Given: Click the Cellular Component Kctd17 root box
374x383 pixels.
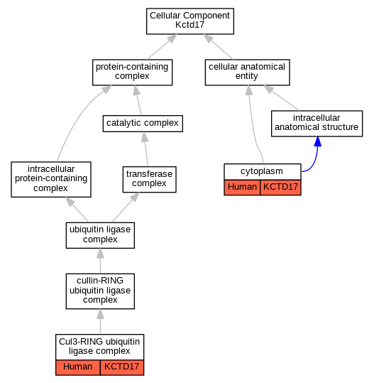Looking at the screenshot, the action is click(x=190, y=21).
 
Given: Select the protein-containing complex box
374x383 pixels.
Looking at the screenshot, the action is click(x=132, y=72).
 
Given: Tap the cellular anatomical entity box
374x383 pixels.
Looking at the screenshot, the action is click(x=248, y=72).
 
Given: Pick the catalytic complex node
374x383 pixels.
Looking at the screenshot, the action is click(x=143, y=124).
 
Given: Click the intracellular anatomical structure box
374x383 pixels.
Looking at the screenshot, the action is click(x=317, y=124).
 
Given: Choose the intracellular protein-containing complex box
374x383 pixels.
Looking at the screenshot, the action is click(x=51, y=179).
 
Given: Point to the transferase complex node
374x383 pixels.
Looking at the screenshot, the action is click(x=149, y=180).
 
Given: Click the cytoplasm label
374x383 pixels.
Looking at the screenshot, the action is click(x=262, y=171).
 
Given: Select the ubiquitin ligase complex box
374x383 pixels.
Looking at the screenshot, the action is click(x=100, y=235).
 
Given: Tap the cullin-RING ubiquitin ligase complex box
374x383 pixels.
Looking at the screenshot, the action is click(x=100, y=291).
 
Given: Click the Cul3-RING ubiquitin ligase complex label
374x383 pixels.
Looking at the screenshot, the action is click(x=99, y=346).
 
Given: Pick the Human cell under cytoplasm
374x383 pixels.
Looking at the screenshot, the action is click(x=242, y=188).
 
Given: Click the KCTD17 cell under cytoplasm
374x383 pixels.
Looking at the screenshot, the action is click(x=280, y=188).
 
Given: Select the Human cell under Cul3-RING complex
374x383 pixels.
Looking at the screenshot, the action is click(x=78, y=367).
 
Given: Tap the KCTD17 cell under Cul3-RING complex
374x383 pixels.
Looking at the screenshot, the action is click(x=122, y=367).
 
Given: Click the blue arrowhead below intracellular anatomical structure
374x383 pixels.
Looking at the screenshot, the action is click(x=318, y=141).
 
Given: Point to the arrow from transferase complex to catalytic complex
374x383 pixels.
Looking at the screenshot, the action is click(x=146, y=149).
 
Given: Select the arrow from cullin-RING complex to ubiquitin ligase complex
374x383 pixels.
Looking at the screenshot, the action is click(x=100, y=261).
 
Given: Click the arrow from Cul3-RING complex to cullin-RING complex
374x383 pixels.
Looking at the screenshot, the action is click(x=100, y=321).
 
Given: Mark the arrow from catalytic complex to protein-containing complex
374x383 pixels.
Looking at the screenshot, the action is click(x=138, y=100).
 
